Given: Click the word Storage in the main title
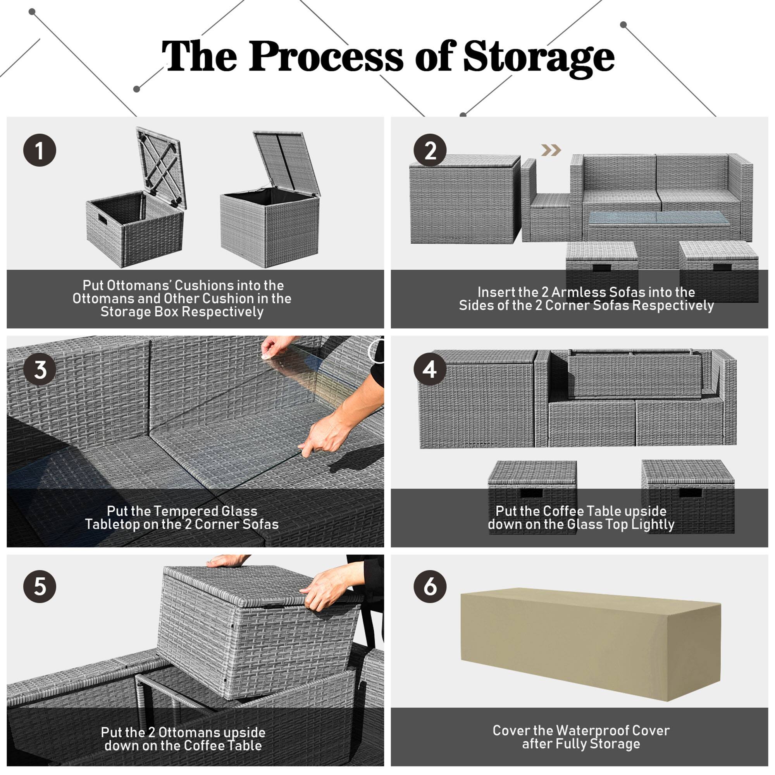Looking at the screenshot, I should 538,57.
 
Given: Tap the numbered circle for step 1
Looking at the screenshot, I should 39,150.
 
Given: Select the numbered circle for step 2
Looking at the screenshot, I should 430,150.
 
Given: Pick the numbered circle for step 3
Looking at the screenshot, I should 39,369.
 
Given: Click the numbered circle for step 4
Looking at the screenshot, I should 430,369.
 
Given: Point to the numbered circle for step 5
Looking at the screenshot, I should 39,586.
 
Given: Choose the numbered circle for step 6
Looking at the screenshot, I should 430,586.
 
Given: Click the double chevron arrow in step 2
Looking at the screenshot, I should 551,150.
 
